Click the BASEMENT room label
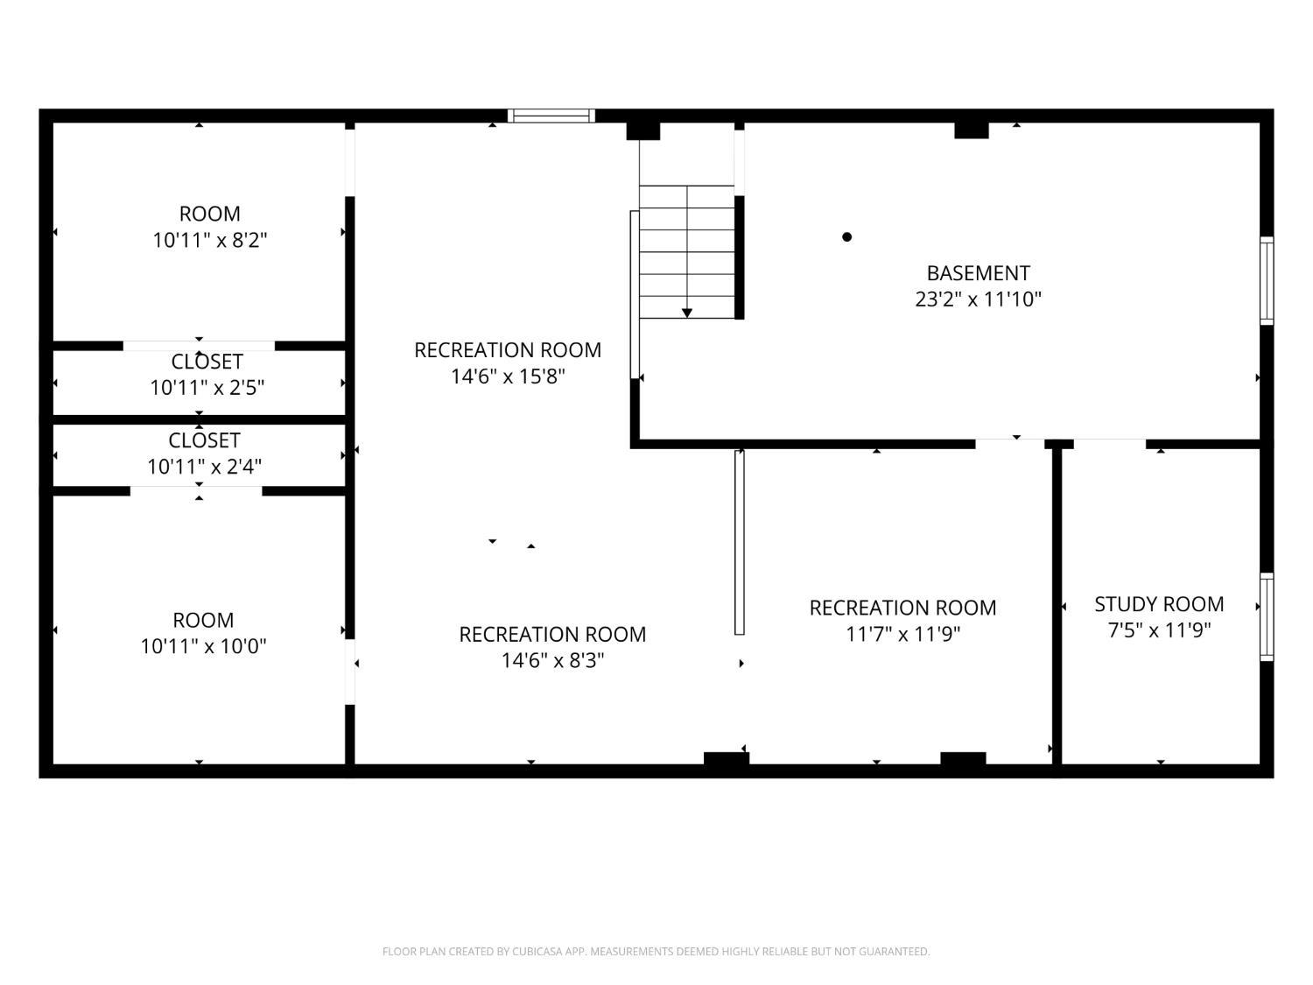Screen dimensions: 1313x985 pyautogui.click(x=978, y=273)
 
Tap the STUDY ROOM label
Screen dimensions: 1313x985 pyautogui.click(x=1159, y=604)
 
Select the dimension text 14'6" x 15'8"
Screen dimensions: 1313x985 pyautogui.click(x=508, y=376)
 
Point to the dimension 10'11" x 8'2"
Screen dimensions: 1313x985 pyautogui.click(x=209, y=240)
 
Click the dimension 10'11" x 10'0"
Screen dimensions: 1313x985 pyautogui.click(x=203, y=646)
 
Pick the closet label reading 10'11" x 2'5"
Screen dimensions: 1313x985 pyautogui.click(x=207, y=388)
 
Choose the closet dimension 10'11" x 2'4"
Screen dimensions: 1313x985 pyautogui.click(x=205, y=466)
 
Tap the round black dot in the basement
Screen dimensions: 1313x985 pyautogui.click(x=846, y=236)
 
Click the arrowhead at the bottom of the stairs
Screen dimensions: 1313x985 pyautogui.click(x=687, y=313)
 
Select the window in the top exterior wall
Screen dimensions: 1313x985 pyautogui.click(x=551, y=116)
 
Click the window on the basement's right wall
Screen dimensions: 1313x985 pyautogui.click(x=1267, y=280)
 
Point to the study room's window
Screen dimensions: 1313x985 pyautogui.click(x=1267, y=616)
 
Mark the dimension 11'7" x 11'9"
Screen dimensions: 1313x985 pyautogui.click(x=902, y=633)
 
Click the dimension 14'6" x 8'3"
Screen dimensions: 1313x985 pyautogui.click(x=552, y=659)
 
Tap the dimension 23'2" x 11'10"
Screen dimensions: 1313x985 pyautogui.click(x=978, y=299)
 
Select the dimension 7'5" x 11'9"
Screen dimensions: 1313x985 pyautogui.click(x=1159, y=630)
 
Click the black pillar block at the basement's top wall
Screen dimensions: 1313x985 pyautogui.click(x=971, y=130)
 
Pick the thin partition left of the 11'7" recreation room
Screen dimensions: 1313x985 pyautogui.click(x=740, y=543)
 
